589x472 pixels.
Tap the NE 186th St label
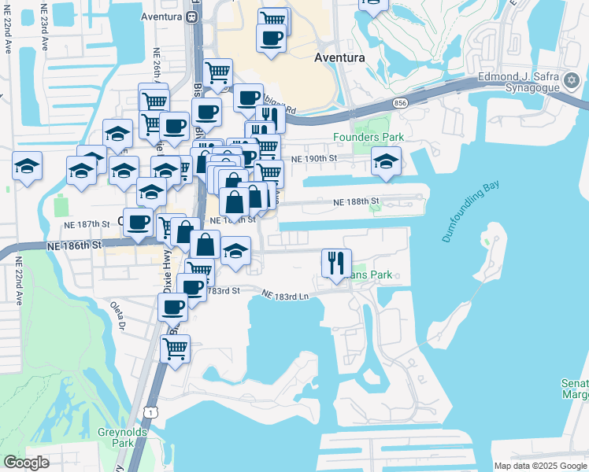point(75,245)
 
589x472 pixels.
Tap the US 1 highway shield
point(150,411)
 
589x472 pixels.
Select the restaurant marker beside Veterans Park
point(337,263)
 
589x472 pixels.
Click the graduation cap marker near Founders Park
point(386,161)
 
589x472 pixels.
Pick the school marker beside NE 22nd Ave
point(27,166)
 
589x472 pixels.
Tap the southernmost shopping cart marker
point(175,348)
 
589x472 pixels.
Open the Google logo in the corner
point(26,463)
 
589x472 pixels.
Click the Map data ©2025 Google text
point(540,466)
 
